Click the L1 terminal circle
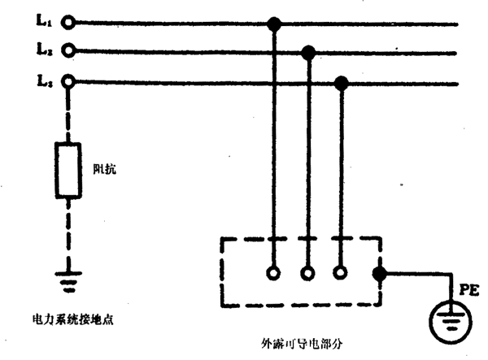click(x=69, y=24)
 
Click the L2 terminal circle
click(x=69, y=51)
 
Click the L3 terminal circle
click(x=69, y=80)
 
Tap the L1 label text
click(x=43, y=22)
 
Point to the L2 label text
click(x=43, y=50)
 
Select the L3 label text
click(x=43, y=80)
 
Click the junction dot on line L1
click(x=275, y=24)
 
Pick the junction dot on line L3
click(x=342, y=82)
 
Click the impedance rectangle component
click(x=68, y=171)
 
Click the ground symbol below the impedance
click(x=68, y=281)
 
